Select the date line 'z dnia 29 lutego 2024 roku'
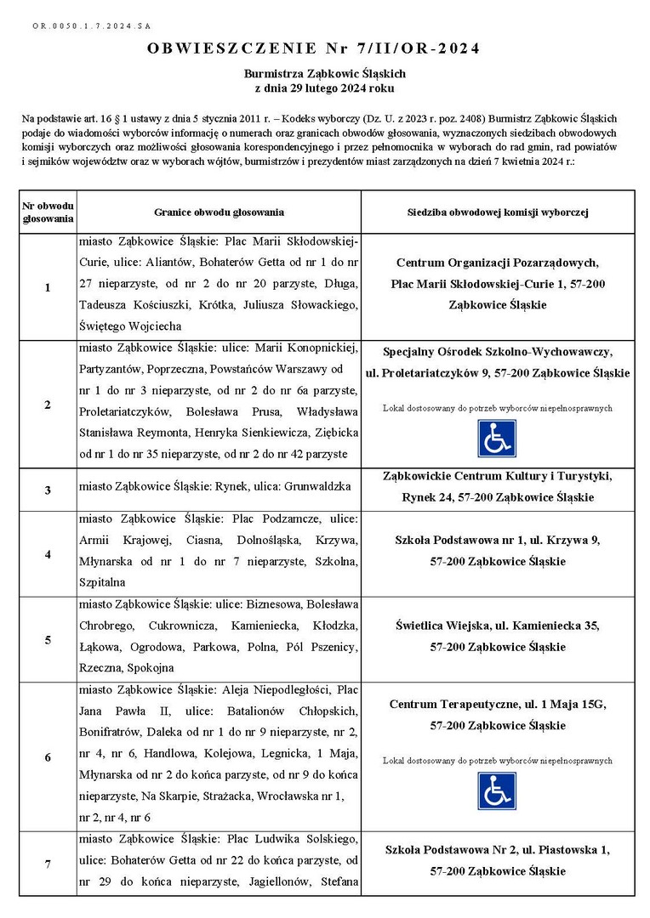click(x=325, y=88)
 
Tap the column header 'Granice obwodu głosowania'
click(x=219, y=212)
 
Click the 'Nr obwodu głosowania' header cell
click(x=48, y=212)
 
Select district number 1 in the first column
click(x=48, y=288)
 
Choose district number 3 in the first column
click(x=48, y=490)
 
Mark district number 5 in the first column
click(x=48, y=639)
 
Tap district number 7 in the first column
click(x=48, y=864)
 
